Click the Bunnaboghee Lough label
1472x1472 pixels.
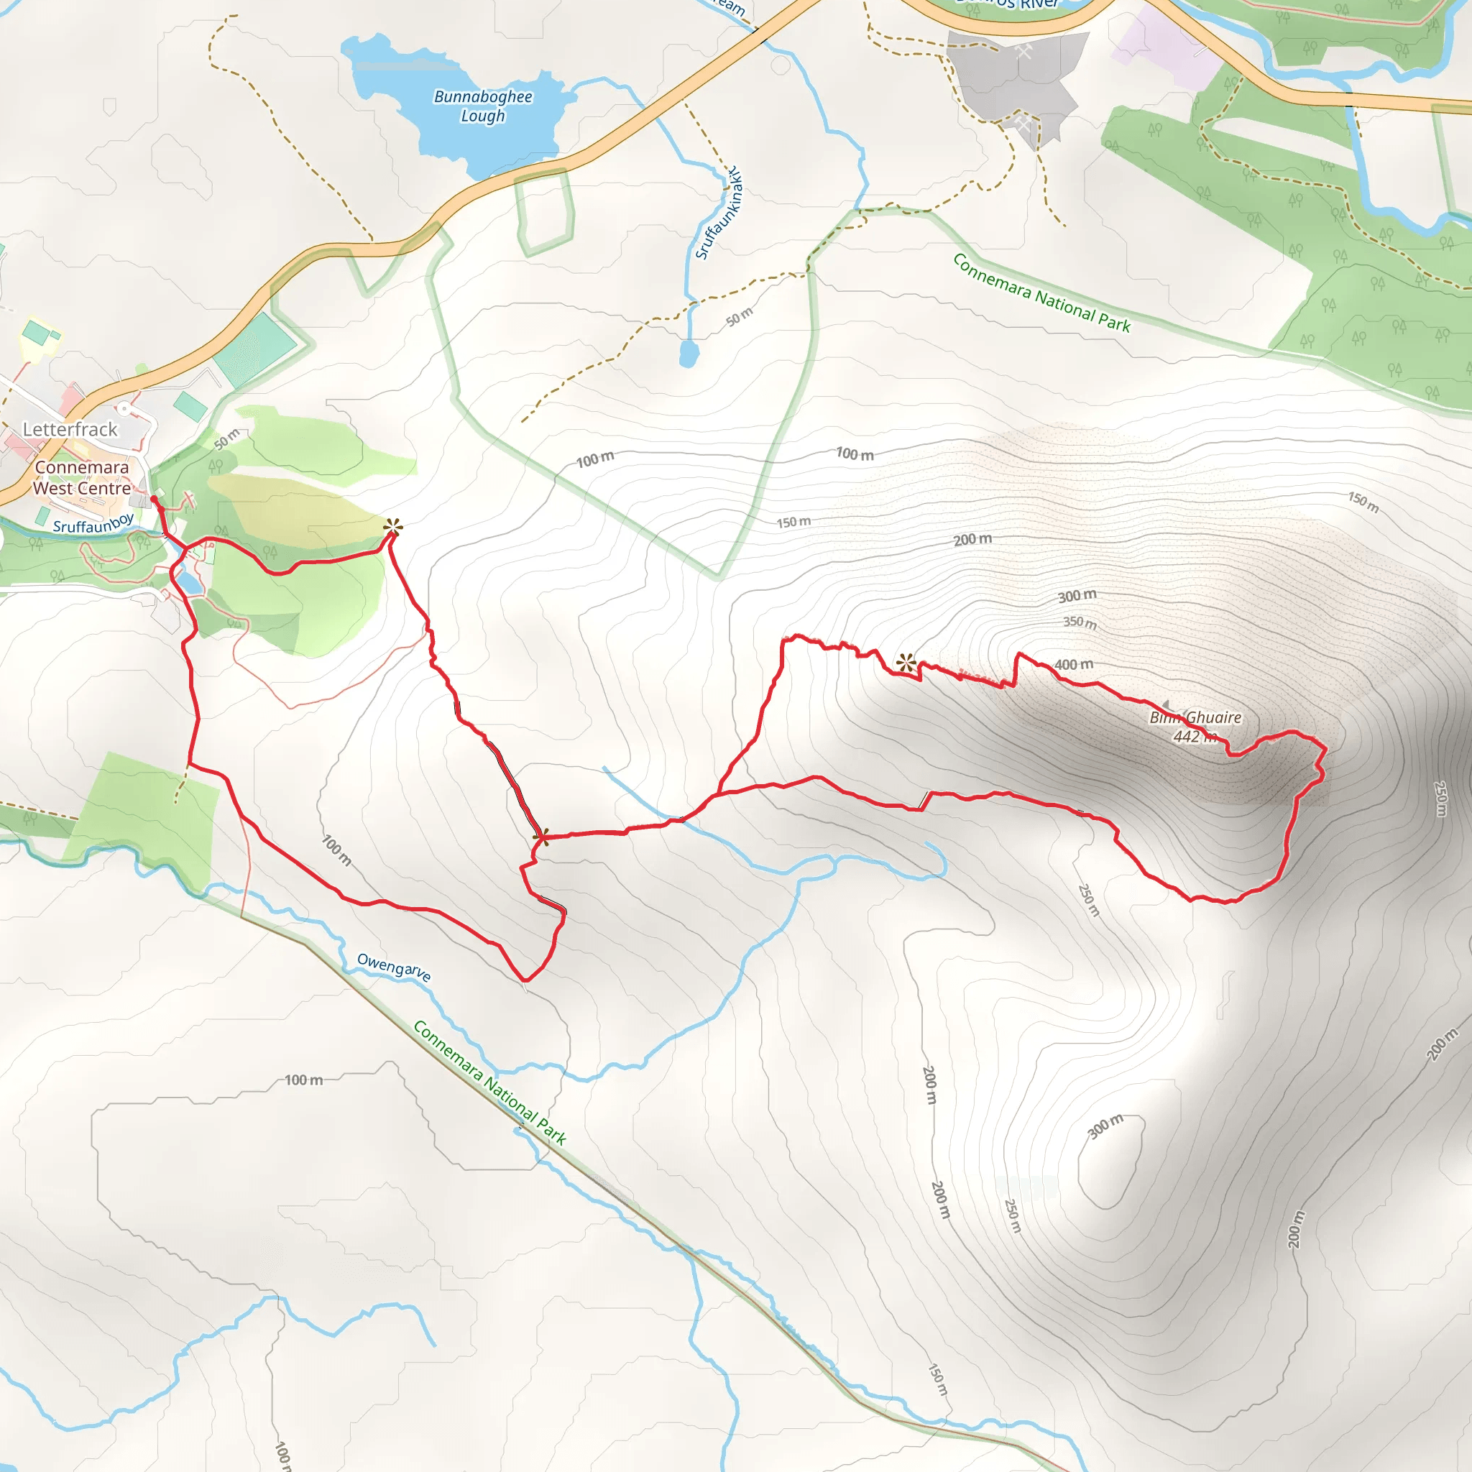pyautogui.click(x=482, y=106)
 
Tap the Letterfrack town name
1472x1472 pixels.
pyautogui.click(x=70, y=429)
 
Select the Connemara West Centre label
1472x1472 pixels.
pyautogui.click(x=81, y=478)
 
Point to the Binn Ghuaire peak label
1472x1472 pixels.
pyautogui.click(x=1195, y=717)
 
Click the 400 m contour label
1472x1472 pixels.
pyautogui.click(x=1074, y=664)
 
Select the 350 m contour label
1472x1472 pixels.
pyautogui.click(x=1080, y=622)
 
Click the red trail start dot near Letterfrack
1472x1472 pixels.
pyautogui.click(x=154, y=499)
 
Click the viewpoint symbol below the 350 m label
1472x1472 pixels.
pyautogui.click(x=906, y=663)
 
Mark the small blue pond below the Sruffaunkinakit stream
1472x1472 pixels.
pyautogui.click(x=689, y=354)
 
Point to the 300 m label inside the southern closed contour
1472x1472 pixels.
pyautogui.click(x=1105, y=1126)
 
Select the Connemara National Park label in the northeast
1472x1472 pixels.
pyautogui.click(x=1041, y=293)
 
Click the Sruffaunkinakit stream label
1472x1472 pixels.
pyautogui.click(x=719, y=213)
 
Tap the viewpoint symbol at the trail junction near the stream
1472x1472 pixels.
pyautogui.click(x=542, y=837)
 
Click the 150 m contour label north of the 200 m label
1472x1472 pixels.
pyautogui.click(x=793, y=522)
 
